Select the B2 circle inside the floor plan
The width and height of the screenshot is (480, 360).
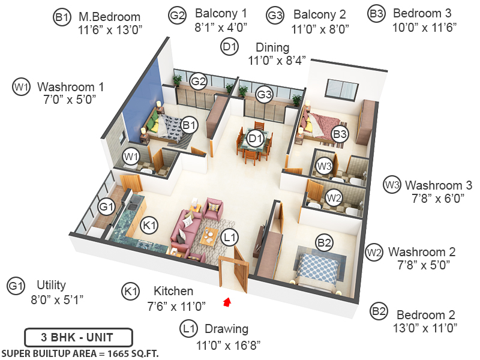(x=324, y=243)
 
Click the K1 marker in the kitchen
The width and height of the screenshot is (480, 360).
(x=149, y=226)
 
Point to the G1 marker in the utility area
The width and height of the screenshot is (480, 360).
(x=106, y=207)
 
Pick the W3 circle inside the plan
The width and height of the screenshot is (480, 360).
(x=324, y=166)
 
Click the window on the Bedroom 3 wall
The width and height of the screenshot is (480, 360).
(x=342, y=89)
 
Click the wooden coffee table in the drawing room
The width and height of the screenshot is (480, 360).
(x=210, y=236)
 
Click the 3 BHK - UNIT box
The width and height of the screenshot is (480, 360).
(x=79, y=337)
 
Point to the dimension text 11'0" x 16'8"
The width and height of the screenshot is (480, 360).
(x=228, y=346)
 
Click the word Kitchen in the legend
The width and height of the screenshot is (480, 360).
(x=173, y=291)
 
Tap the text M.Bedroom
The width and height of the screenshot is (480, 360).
(x=109, y=17)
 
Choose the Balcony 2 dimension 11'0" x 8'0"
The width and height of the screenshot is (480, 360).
(x=320, y=29)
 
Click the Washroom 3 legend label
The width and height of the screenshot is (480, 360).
(x=439, y=185)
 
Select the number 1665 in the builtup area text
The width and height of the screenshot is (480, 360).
(x=118, y=353)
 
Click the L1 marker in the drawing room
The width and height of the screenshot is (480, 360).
(x=230, y=237)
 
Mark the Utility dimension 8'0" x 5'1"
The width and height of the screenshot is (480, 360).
(x=57, y=299)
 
